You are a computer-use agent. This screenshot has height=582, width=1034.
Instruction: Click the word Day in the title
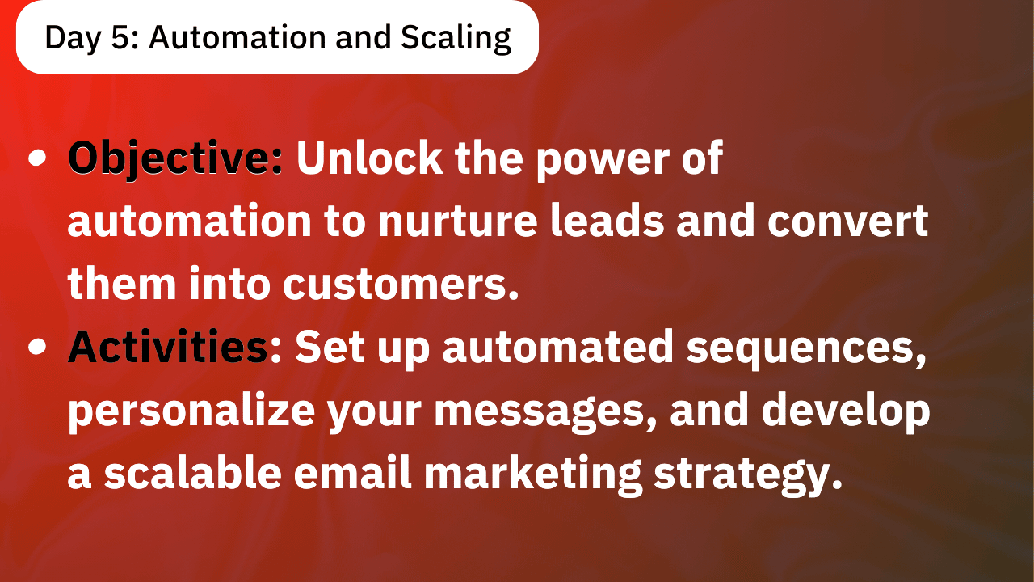point(73,39)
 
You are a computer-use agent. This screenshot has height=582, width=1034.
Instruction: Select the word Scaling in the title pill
point(456,39)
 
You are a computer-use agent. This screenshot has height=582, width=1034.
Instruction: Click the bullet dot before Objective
point(37,158)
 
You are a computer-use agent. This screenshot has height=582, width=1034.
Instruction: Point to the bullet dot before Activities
point(37,347)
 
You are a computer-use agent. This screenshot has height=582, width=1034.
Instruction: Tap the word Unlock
point(369,158)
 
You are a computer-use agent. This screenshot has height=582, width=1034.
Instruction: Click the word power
point(603,161)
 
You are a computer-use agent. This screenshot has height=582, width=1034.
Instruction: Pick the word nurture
point(457,221)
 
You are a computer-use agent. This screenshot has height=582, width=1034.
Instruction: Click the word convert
point(848,221)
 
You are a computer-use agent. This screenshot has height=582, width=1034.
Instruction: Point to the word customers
point(401,284)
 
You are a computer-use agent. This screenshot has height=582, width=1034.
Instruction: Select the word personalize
point(191,411)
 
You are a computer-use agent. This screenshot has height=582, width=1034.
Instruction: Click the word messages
point(545,412)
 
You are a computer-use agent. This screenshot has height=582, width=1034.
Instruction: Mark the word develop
point(846,409)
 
